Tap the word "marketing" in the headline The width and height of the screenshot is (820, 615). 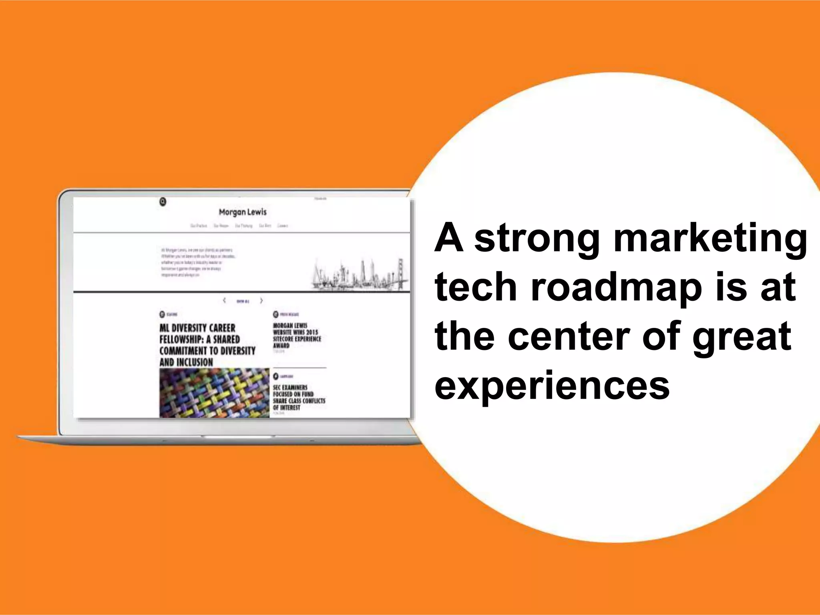click(x=710, y=239)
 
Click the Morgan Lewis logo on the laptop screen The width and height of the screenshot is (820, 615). click(x=242, y=212)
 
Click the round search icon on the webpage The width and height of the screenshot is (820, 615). click(x=163, y=202)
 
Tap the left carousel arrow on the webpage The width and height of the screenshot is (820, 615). click(x=224, y=300)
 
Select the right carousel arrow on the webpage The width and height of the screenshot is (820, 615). click(x=261, y=300)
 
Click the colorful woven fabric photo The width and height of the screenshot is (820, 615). click(x=214, y=393)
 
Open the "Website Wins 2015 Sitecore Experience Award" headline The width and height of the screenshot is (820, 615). click(x=297, y=336)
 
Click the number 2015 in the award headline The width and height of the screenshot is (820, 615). click(x=312, y=332)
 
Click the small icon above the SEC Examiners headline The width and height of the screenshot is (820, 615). click(x=275, y=376)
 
